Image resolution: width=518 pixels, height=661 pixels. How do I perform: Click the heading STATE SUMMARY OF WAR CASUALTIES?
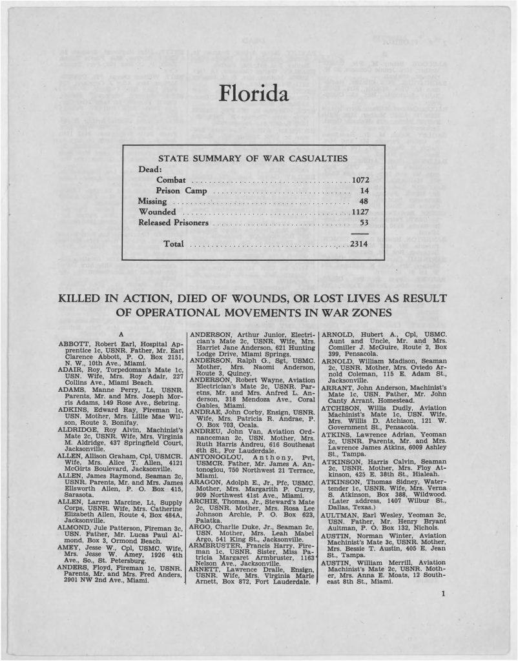(x=253, y=158)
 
